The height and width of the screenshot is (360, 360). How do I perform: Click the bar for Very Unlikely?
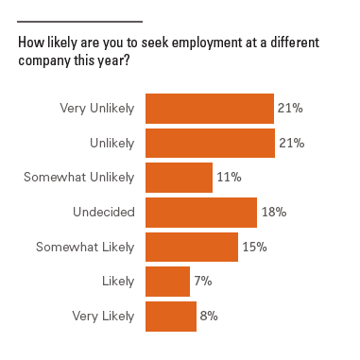point(209,109)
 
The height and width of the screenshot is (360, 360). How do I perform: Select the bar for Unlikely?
point(209,143)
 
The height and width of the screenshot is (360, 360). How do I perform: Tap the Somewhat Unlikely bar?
point(179,178)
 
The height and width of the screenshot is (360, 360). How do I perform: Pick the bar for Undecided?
point(200,213)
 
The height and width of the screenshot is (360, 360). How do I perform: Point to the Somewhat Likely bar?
point(191,247)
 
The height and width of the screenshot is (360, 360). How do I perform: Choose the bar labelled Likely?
point(167,282)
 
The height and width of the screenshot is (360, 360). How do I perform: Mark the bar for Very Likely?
point(170,316)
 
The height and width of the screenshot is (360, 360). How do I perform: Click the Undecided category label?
point(104,213)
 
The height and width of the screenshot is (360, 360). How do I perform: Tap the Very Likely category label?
point(104,316)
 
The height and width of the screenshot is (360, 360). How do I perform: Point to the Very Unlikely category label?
point(97,109)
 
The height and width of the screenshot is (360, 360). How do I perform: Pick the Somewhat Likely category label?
point(85,247)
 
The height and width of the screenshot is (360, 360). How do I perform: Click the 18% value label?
point(273,213)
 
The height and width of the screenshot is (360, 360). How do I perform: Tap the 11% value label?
point(230,178)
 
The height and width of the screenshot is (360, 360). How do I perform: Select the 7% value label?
point(203,282)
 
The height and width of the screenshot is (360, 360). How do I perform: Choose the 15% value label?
point(254,247)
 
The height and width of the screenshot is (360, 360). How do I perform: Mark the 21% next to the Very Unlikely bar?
point(290,109)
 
